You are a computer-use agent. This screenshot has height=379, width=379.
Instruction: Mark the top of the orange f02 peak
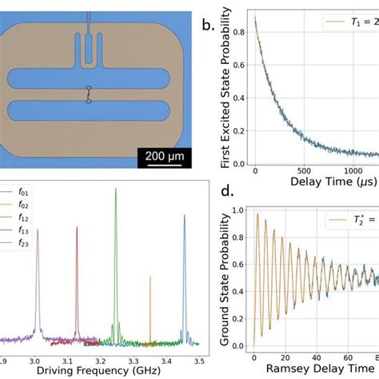coord(150,277)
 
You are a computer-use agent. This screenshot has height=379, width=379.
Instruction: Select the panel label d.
coord(205,193)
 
